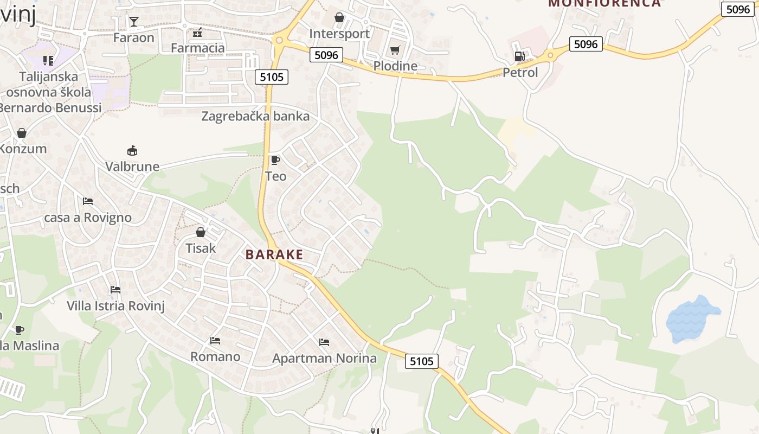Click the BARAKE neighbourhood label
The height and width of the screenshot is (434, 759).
click(274, 254)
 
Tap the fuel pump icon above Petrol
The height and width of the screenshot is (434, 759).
click(519, 56)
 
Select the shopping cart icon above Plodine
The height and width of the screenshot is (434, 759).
click(395, 50)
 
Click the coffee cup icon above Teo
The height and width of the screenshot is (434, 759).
click(275, 159)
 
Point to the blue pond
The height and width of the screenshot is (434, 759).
click(691, 318)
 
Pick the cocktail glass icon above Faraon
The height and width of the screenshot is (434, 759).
click(133, 22)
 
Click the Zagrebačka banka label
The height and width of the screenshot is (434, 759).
click(255, 116)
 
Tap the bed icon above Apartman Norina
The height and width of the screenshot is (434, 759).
click(324, 342)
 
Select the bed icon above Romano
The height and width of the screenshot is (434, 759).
click(215, 341)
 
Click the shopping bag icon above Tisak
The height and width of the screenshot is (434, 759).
click(201, 232)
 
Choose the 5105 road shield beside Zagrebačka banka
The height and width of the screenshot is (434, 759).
click(272, 77)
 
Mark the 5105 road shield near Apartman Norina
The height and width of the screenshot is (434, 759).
click(421, 361)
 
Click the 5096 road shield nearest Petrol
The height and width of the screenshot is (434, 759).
click(586, 44)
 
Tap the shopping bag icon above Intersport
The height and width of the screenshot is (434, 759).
click(339, 17)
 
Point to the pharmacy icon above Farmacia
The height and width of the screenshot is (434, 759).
click(197, 33)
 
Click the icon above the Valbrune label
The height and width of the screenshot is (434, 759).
click(132, 150)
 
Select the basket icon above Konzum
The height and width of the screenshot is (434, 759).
click(22, 133)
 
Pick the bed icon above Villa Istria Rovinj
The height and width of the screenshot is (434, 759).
click(115, 290)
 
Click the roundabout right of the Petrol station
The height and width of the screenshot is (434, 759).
click(550, 54)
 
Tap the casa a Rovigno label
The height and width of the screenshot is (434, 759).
click(88, 218)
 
